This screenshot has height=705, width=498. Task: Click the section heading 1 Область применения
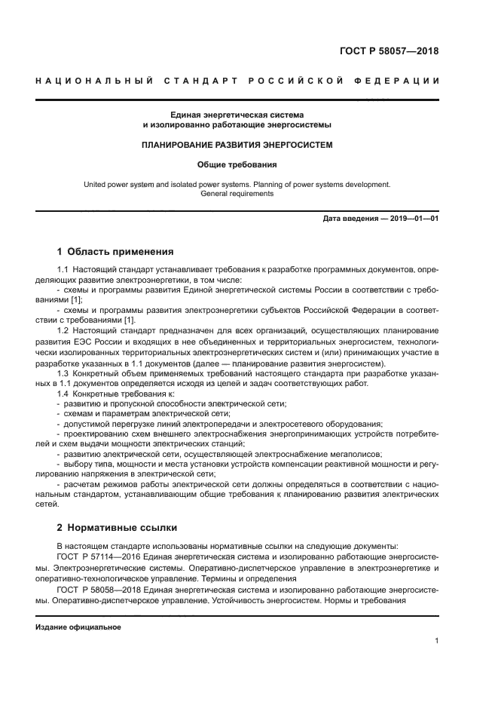115,252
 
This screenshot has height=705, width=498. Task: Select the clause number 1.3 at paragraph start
64,374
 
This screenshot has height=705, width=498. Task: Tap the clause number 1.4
64,394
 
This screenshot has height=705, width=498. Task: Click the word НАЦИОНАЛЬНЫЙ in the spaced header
93,81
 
